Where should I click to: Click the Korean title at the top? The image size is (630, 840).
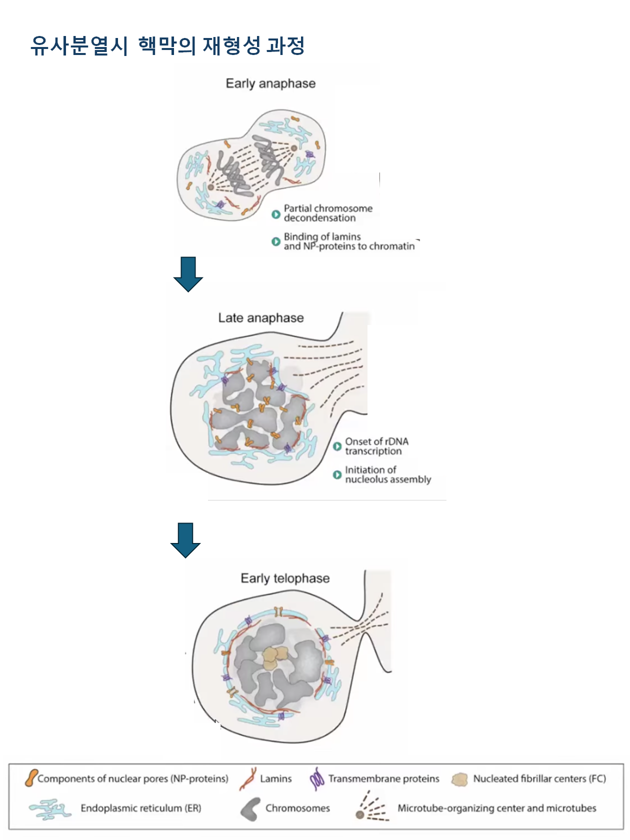tap(167, 46)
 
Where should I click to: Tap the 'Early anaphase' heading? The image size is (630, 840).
tap(270, 83)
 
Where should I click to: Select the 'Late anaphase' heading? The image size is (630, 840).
tap(260, 318)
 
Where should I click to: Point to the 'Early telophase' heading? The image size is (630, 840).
tap(285, 578)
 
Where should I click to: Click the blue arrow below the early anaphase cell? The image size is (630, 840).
tap(188, 274)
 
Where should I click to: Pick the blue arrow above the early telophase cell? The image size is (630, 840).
tap(185, 540)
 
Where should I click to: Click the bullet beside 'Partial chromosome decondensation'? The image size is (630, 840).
tap(275, 214)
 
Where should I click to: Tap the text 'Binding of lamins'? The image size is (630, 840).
tap(322, 236)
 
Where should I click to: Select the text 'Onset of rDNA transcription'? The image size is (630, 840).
tap(376, 446)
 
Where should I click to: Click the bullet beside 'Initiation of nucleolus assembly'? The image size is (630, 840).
tap(337, 475)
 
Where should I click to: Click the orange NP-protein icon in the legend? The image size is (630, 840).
tap(31, 778)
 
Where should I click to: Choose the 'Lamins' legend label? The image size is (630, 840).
tap(275, 778)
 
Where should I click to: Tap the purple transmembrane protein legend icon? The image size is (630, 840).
tap(317, 779)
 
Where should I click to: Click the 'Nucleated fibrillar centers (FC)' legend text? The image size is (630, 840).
tap(539, 778)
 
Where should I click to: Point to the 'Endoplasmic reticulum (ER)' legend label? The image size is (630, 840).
tap(140, 808)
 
